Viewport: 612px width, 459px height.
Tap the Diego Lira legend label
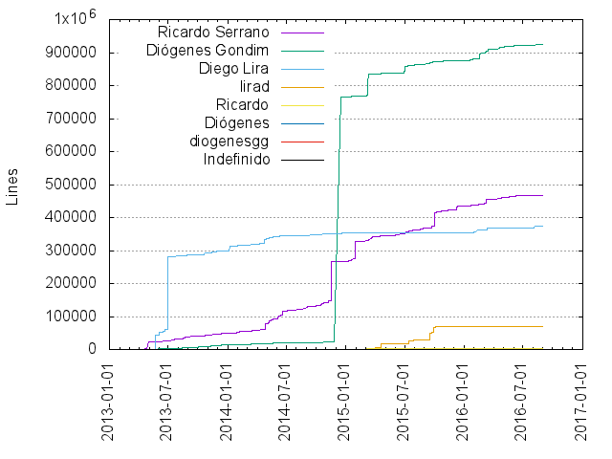(x=233, y=69)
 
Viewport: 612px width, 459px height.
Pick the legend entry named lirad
(x=253, y=87)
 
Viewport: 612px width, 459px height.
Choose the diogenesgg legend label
(x=229, y=142)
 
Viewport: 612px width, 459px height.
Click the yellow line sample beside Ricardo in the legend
(x=303, y=105)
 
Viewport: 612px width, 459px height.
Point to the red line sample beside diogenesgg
(x=303, y=142)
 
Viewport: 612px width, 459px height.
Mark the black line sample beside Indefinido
(x=303, y=160)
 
